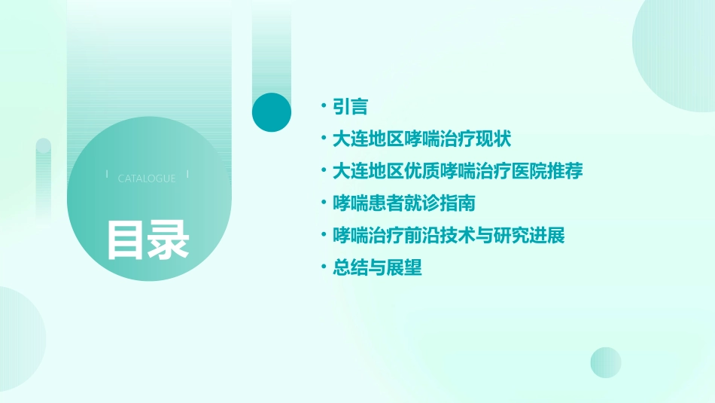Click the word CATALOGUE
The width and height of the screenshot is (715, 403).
tap(147, 179)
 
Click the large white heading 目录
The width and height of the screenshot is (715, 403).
tap(148, 240)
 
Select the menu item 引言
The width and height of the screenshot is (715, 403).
tap(350, 107)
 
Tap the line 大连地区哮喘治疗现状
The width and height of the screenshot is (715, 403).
tap(422, 139)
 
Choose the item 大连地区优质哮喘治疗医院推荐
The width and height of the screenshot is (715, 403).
tap(458, 171)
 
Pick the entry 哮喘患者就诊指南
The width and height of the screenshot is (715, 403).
tap(404, 203)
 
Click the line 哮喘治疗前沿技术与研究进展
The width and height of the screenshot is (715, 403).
tap(449, 235)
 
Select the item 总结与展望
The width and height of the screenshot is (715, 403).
tap(377, 267)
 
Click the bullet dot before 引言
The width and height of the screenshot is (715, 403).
tap(323, 107)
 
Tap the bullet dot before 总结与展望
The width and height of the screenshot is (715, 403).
tap(323, 267)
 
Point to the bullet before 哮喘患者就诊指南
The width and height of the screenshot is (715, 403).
tap(323, 203)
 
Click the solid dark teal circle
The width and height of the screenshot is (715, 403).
tap(272, 112)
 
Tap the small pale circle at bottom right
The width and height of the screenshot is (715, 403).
tap(606, 362)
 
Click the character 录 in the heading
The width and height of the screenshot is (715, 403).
tap(169, 240)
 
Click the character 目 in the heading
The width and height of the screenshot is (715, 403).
tap(126, 240)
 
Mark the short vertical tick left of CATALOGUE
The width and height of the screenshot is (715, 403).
tap(107, 174)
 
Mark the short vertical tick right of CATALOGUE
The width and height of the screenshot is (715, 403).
tap(187, 174)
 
